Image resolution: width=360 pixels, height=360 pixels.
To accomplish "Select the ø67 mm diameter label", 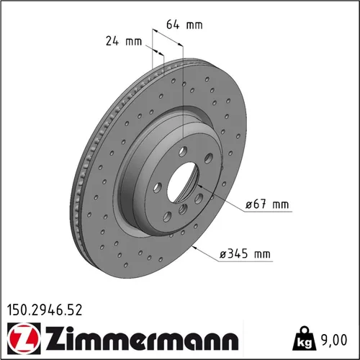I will click(266, 205).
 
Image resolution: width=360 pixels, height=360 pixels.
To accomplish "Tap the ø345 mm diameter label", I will click(245, 253).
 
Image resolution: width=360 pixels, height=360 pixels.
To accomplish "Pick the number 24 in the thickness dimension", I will click(112, 41).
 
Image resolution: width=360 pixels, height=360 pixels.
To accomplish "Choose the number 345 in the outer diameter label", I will click(238, 253).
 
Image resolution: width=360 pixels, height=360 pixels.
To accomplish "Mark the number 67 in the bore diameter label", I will click(261, 205).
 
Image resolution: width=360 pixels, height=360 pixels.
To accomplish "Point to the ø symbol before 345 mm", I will click(223, 253).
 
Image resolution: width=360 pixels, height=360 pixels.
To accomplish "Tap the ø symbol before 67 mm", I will click(250, 205).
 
